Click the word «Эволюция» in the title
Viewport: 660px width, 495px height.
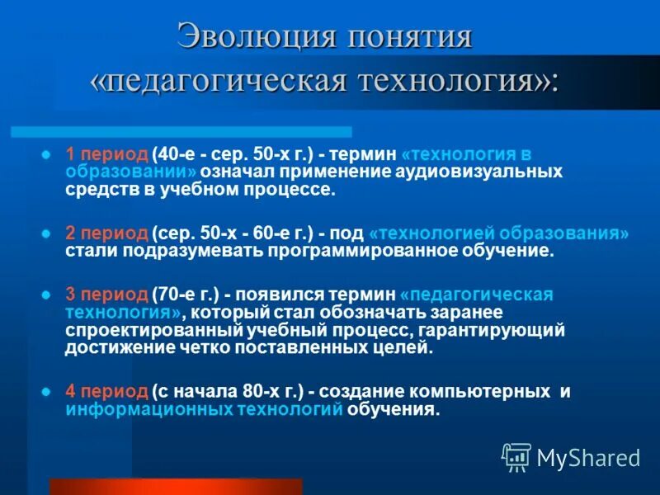(253, 38)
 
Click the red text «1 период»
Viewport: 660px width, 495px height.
(106, 154)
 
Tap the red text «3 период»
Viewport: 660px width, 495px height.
(106, 295)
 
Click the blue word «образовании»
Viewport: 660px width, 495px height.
(131, 172)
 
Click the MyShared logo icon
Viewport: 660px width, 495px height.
(516, 456)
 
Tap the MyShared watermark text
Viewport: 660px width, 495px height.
(588, 457)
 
